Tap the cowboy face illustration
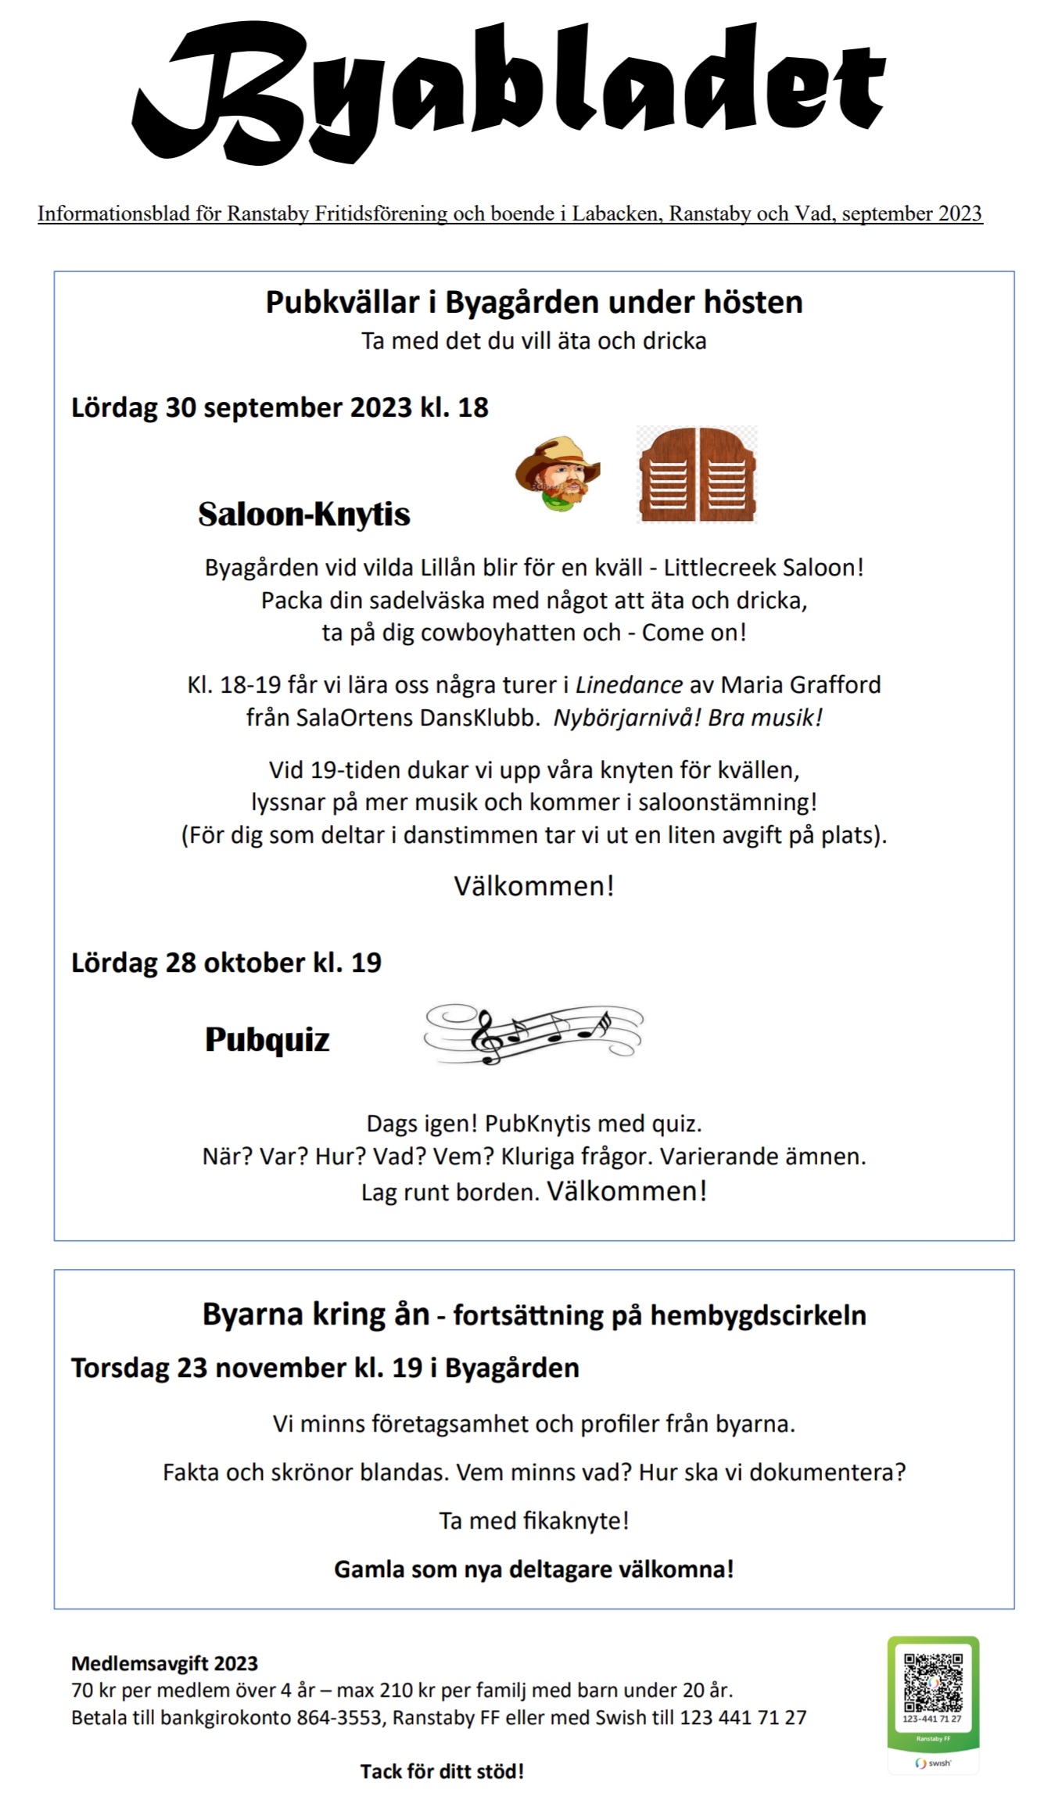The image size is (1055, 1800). pyautogui.click(x=557, y=474)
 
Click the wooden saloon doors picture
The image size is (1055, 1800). pyautogui.click(x=698, y=475)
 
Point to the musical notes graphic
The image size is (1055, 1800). pyautogui.click(x=533, y=1034)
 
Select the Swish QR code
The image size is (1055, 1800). pyautogui.click(x=932, y=1682)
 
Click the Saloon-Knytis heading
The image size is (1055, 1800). pyautogui.click(x=304, y=515)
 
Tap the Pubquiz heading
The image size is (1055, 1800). pyautogui.click(x=267, y=1039)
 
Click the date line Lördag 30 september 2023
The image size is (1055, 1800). pyautogui.click(x=279, y=407)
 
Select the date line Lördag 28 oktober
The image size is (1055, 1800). pyautogui.click(x=226, y=963)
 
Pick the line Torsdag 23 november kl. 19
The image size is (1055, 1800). pyautogui.click(x=325, y=1368)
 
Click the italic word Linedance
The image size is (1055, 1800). pyautogui.click(x=629, y=685)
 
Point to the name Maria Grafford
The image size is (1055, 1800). pyautogui.click(x=800, y=685)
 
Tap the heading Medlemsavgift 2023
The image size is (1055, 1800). pyautogui.click(x=164, y=1663)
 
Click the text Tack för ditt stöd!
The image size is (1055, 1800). pyautogui.click(x=442, y=1771)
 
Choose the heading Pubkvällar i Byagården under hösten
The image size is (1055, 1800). pyautogui.click(x=534, y=303)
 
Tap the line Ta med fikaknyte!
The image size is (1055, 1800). pyautogui.click(x=534, y=1521)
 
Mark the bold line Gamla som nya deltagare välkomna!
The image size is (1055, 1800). pyautogui.click(x=534, y=1569)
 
